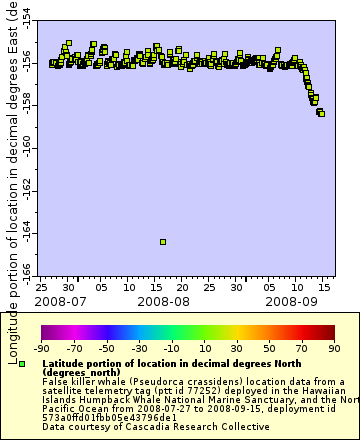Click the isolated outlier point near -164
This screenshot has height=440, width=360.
pyautogui.click(x=163, y=242)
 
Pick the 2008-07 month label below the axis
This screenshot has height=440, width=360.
pyautogui.click(x=60, y=300)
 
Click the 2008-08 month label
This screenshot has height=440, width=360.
pyautogui.click(x=163, y=300)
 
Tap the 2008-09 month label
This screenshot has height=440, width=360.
pyautogui.click(x=292, y=300)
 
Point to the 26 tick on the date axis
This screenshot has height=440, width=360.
pyautogui.click(x=40, y=286)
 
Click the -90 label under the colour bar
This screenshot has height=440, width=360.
pyautogui.click(x=41, y=348)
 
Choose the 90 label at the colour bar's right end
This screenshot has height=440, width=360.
pyautogui.click(x=333, y=348)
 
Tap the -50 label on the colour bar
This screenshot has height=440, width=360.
pyautogui.click(x=106, y=348)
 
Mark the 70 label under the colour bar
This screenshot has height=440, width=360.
pyautogui.click(x=301, y=348)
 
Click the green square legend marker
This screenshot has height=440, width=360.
pyautogui.click(x=22, y=364)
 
